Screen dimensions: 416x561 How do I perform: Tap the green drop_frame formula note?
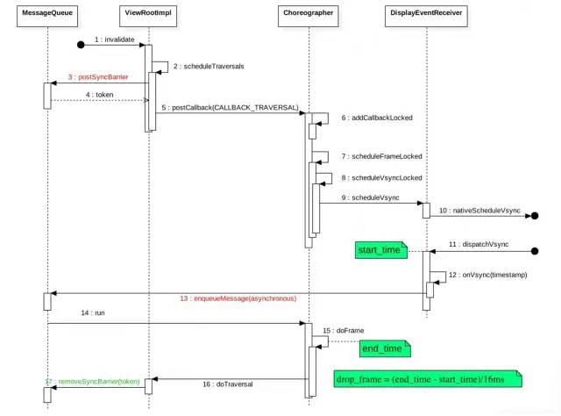(427, 378)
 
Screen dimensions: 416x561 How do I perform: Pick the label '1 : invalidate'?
(114, 39)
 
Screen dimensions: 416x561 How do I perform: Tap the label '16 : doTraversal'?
(229, 384)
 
